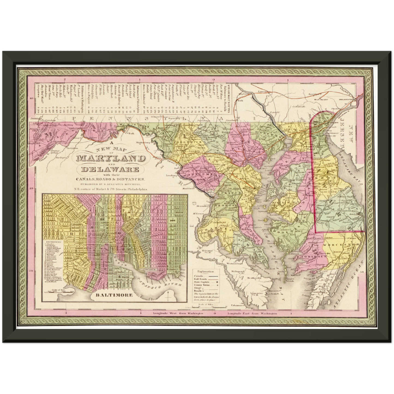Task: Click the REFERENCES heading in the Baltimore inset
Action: (52, 242)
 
